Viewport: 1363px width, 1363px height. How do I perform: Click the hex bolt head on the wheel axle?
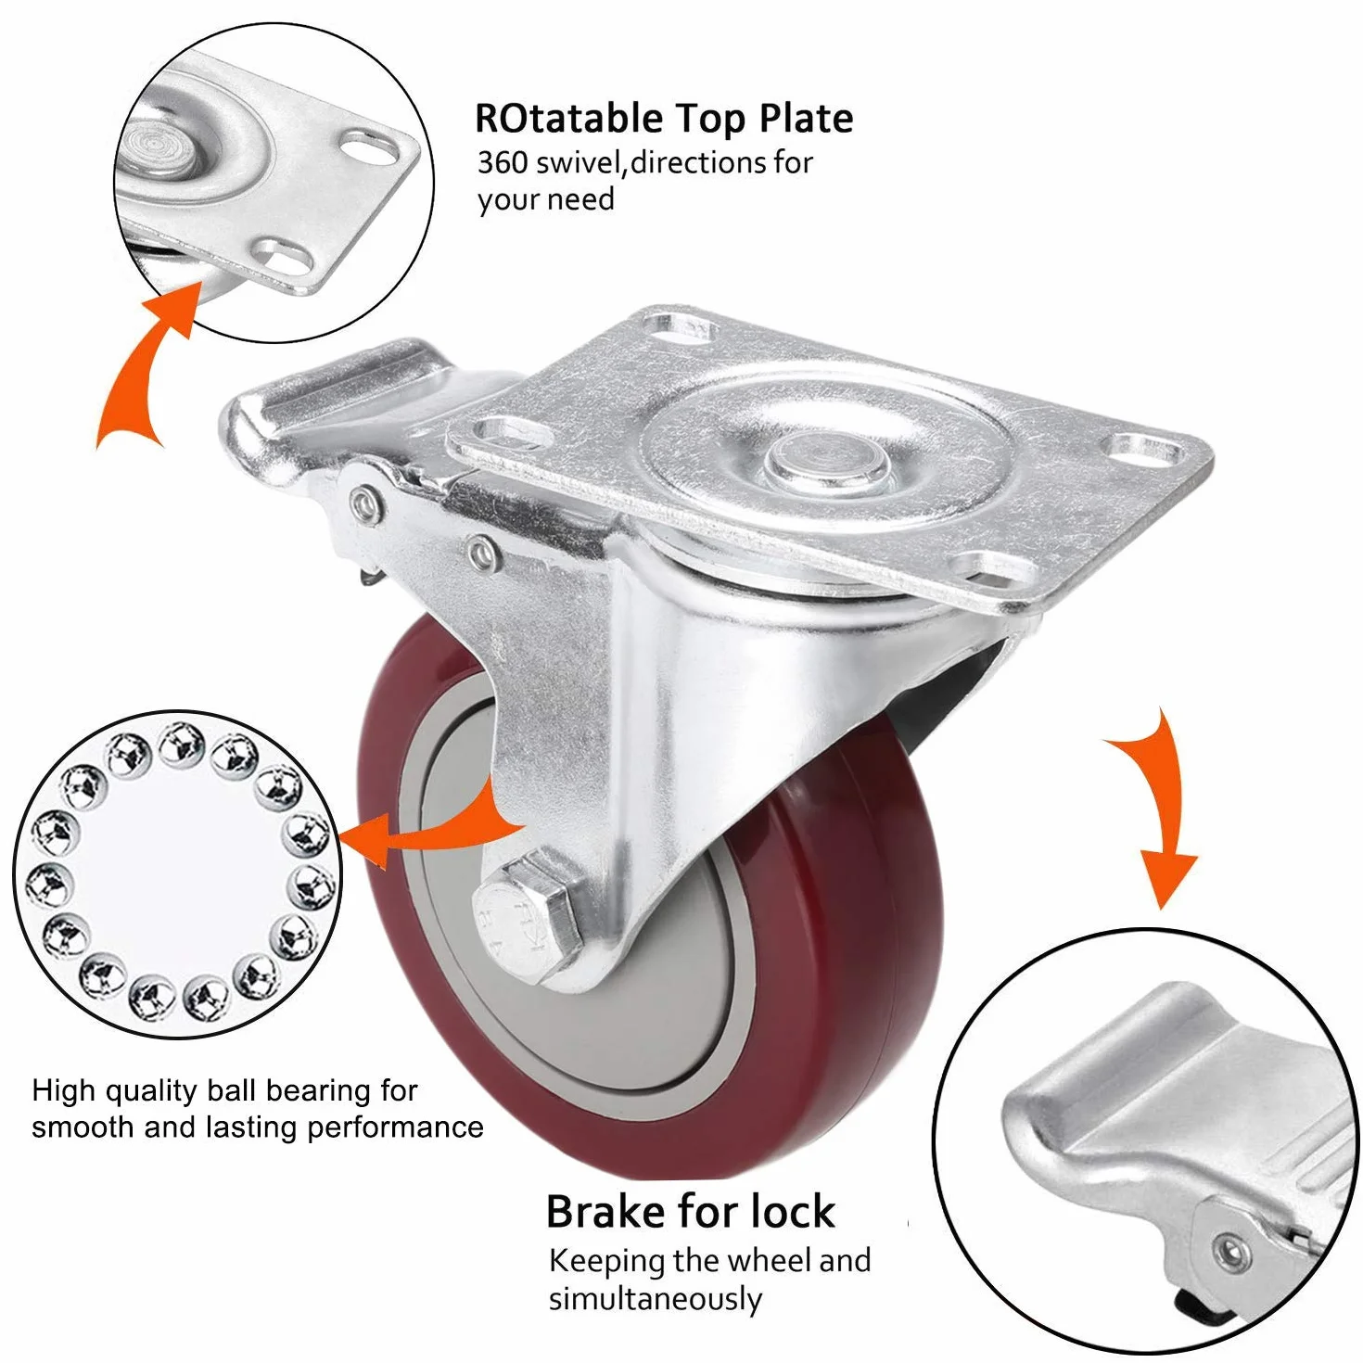pos(527,920)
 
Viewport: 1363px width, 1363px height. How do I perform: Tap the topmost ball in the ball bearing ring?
pos(182,744)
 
